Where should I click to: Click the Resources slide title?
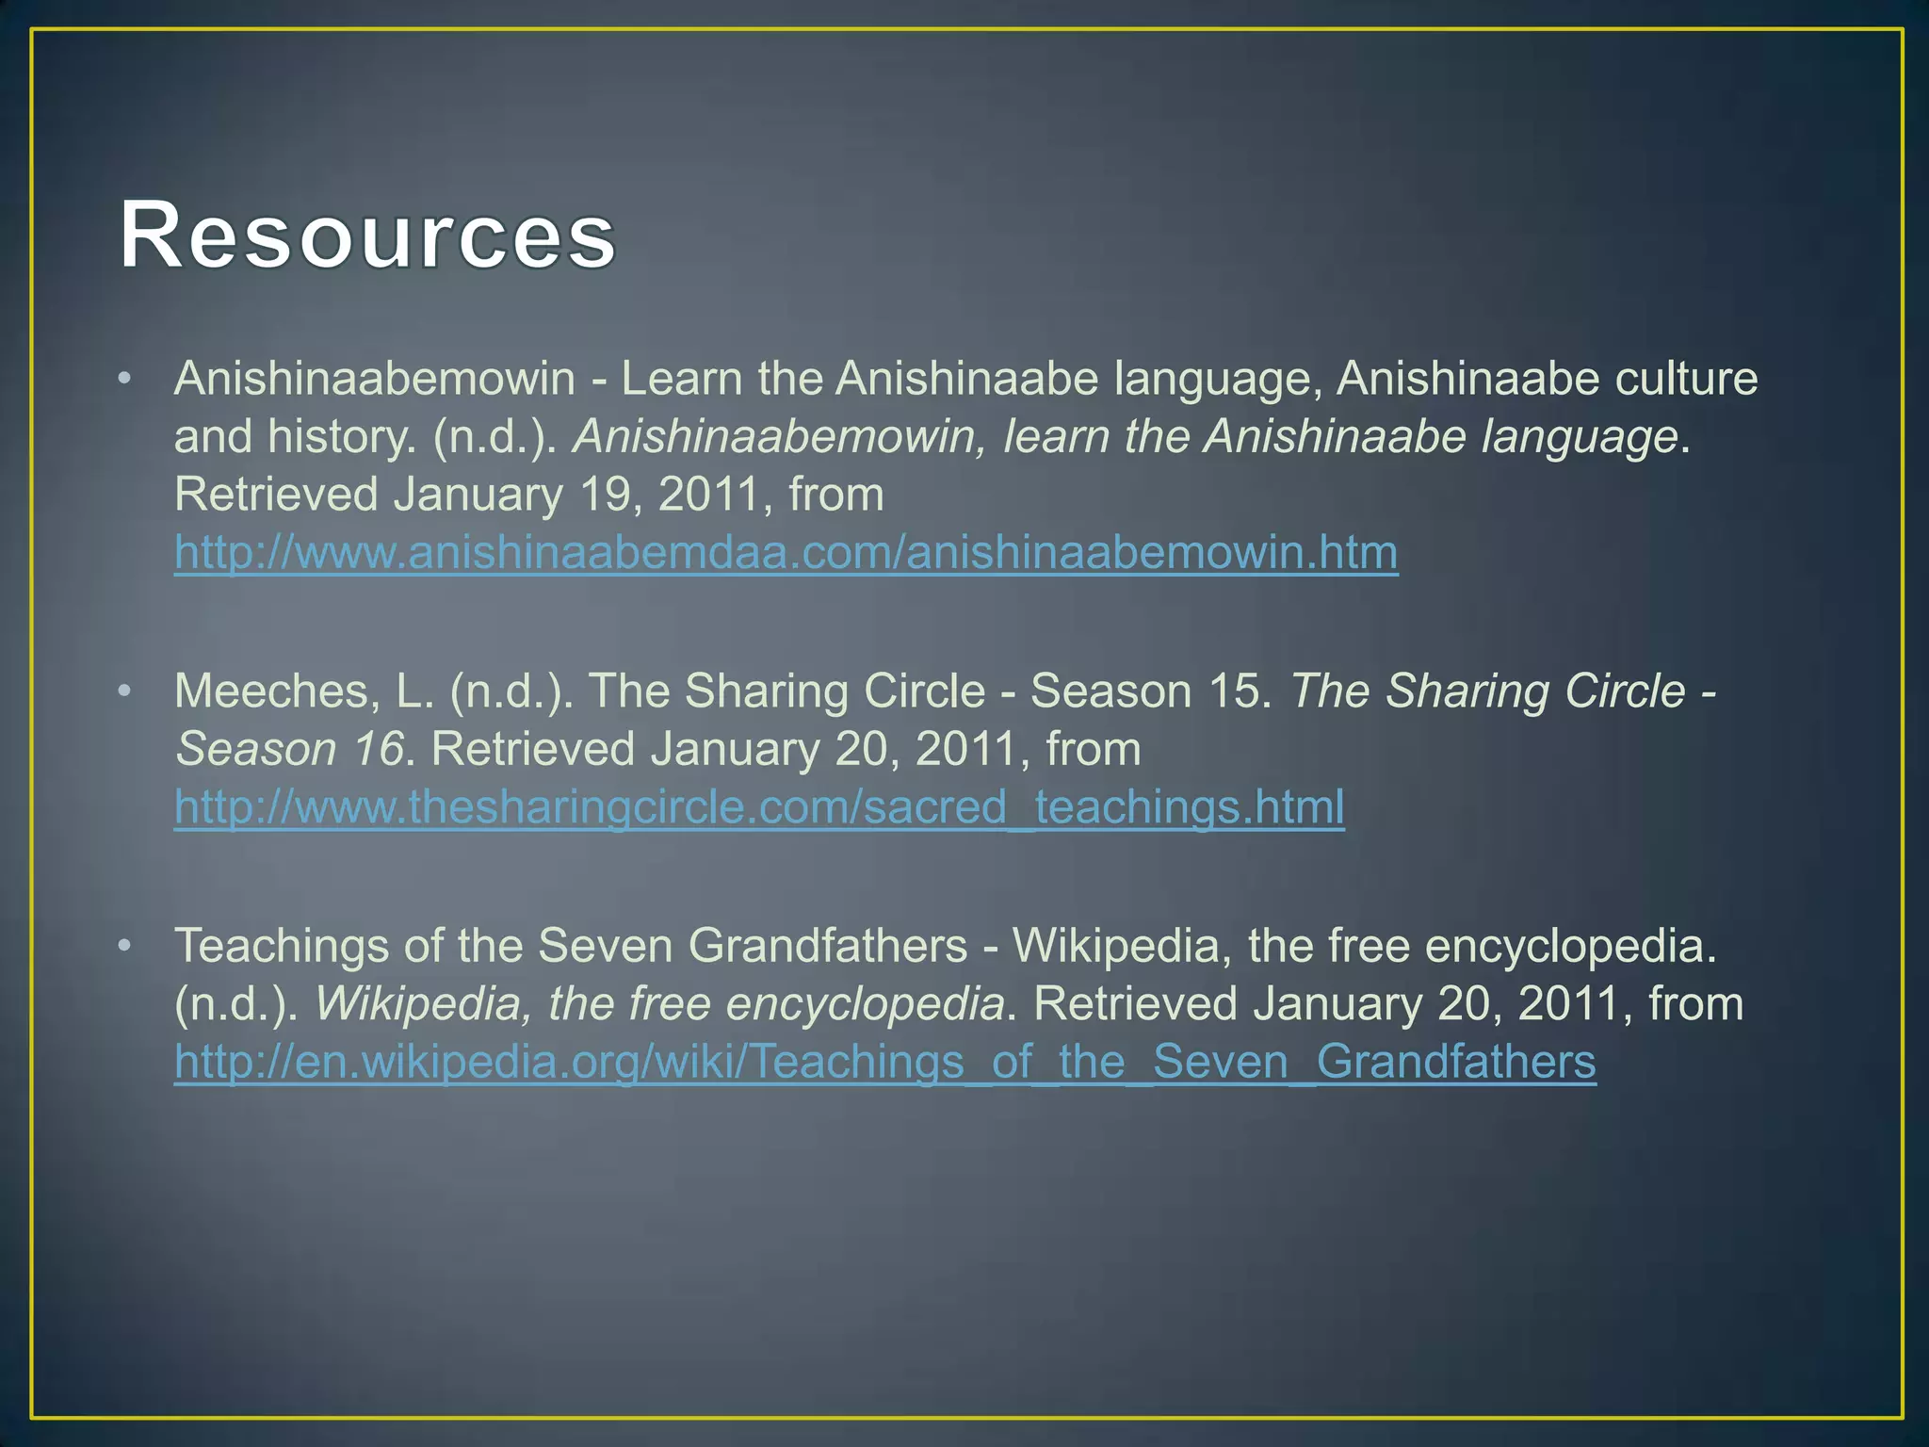367,235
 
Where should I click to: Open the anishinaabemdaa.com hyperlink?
786,553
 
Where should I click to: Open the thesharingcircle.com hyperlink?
759,807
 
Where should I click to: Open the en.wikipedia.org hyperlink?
884,1062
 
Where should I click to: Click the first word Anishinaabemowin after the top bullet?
375,379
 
